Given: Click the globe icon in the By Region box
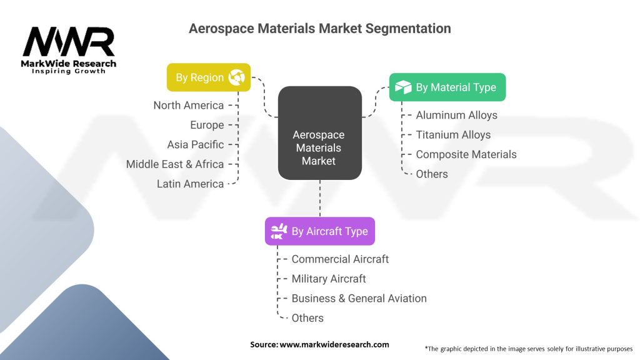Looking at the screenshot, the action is click(x=236, y=77).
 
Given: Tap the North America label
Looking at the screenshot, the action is click(x=189, y=105).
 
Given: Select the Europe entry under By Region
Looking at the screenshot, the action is click(x=207, y=125).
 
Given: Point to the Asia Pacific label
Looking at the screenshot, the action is click(x=196, y=144).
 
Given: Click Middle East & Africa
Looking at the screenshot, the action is click(x=175, y=164).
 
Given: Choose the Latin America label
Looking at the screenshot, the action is click(x=190, y=184).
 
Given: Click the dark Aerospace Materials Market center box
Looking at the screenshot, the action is click(x=319, y=132).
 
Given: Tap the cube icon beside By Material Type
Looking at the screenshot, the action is click(x=403, y=87).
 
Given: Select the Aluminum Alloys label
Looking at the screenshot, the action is click(x=457, y=115).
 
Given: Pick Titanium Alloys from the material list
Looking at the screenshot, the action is click(x=453, y=135).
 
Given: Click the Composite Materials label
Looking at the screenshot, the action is click(x=466, y=154).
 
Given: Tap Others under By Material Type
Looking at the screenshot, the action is click(x=432, y=174).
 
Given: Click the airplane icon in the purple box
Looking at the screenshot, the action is click(x=279, y=231).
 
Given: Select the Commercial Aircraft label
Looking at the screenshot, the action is click(x=340, y=259).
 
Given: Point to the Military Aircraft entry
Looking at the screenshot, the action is click(x=329, y=279).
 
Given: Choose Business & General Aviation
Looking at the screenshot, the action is click(x=359, y=298).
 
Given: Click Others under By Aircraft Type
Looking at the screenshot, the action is click(x=307, y=318).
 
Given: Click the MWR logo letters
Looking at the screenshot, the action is click(x=69, y=42).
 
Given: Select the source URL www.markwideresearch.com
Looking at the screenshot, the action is click(x=334, y=344).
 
